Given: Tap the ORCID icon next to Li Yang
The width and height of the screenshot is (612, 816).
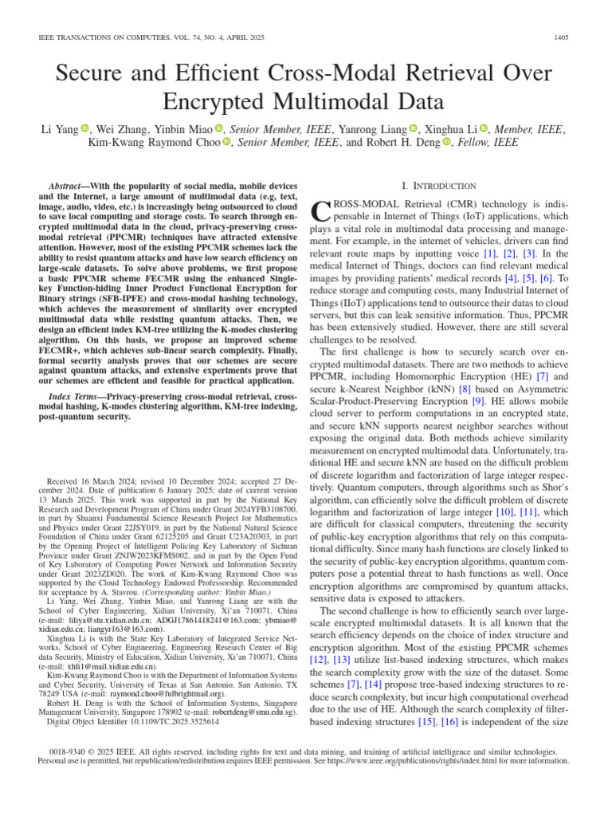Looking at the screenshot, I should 85,128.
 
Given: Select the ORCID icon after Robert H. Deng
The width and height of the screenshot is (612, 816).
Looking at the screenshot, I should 446,143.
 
